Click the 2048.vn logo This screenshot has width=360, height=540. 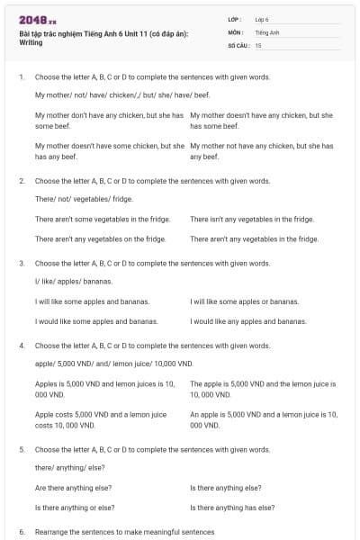coord(37,20)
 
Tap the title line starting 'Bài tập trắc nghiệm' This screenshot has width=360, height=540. coord(103,32)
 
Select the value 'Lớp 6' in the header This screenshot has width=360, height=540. coord(263,19)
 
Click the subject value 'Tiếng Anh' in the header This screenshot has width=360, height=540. coord(267,31)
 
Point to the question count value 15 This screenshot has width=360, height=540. coord(258,44)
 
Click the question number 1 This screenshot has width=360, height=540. coord(21,77)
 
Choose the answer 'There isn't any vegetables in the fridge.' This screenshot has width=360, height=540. coord(251,219)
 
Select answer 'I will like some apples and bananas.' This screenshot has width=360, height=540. coord(92,301)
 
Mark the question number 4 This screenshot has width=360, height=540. coord(21,345)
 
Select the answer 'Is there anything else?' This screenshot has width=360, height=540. coord(226,487)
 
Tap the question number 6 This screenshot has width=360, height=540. coord(21,532)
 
